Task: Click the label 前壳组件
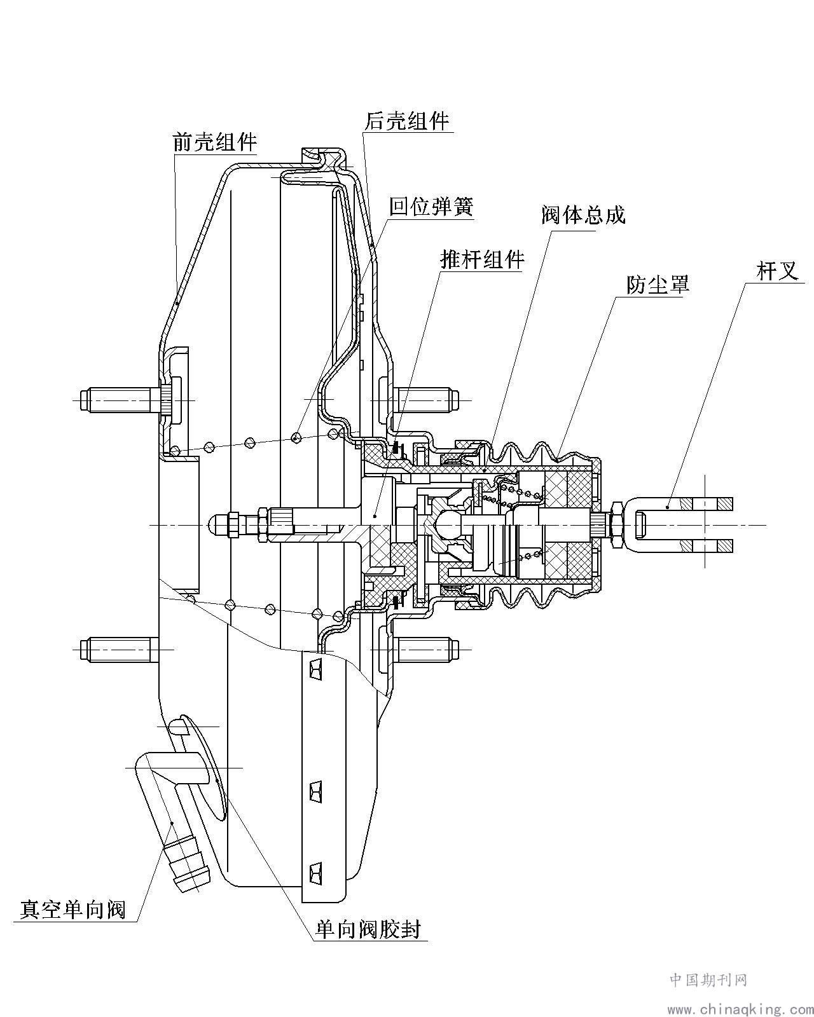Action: (214, 141)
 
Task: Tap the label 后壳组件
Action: (407, 120)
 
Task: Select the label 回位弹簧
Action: (431, 206)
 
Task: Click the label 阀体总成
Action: (583, 215)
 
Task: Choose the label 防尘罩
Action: (658, 284)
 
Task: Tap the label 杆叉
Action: (777, 271)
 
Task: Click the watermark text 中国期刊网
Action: (708, 979)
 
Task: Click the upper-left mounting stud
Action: (118, 400)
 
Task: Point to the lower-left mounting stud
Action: (118, 649)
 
